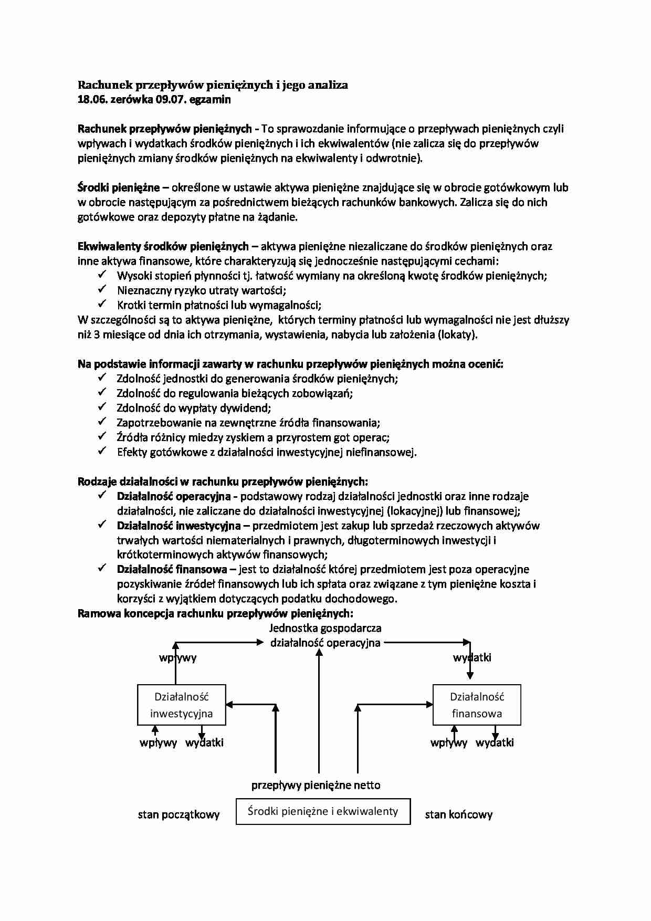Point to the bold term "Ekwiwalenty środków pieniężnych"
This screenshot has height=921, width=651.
point(163,246)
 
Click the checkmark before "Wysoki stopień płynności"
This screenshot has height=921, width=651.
point(102,275)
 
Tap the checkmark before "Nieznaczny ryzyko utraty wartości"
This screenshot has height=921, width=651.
point(102,289)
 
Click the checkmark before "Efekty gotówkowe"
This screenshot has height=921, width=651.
point(102,452)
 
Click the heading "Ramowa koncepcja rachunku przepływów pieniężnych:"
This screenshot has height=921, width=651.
point(215,613)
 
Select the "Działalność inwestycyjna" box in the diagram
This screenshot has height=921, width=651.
point(182,705)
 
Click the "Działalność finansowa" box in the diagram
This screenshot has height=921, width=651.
point(477,705)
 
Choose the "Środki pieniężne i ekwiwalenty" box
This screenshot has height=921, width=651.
point(323,811)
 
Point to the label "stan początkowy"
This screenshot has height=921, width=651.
point(178,815)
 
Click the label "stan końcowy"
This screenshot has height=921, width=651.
point(458,815)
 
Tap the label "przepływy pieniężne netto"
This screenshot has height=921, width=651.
point(316,786)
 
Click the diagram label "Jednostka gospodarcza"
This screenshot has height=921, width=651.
point(325,628)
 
